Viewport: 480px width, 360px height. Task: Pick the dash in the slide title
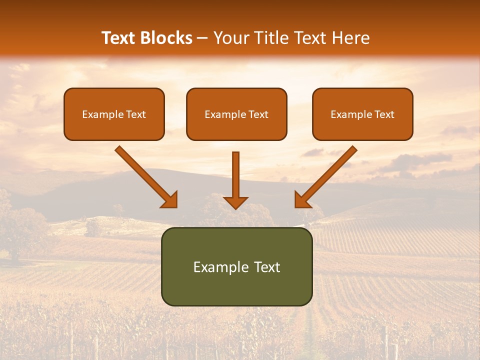(202, 38)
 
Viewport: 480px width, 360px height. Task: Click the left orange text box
(114, 114)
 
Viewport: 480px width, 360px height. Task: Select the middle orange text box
(236, 114)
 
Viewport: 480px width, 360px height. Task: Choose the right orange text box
(362, 114)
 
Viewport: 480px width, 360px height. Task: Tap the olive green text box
(236, 266)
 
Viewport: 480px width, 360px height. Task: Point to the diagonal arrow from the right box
(327, 175)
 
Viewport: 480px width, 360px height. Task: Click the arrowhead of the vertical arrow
(235, 202)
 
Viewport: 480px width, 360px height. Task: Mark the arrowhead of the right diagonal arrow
(301, 200)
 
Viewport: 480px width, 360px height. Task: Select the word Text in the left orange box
(136, 114)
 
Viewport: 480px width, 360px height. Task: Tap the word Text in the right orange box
(384, 114)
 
